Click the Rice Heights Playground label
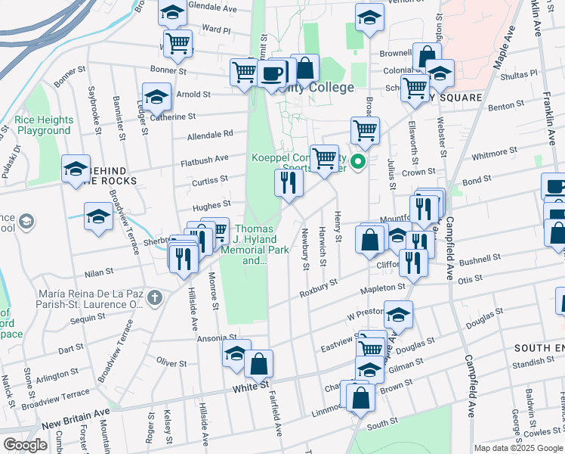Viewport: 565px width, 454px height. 45,125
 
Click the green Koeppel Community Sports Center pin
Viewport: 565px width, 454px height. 360,161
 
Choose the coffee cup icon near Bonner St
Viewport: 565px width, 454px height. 272,73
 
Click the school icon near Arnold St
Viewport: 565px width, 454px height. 156,99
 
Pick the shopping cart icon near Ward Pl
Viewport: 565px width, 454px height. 178,44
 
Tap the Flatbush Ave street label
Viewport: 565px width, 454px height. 204,159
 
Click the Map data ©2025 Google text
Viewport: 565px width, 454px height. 518,448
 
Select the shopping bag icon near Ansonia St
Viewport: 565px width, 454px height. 258,364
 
